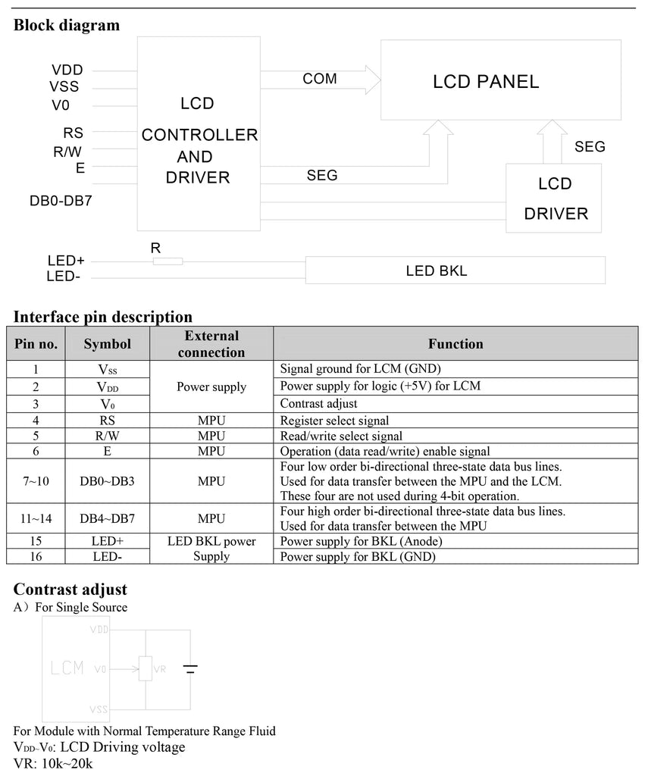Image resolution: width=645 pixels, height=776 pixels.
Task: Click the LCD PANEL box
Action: pos(499,80)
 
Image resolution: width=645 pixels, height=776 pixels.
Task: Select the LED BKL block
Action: pos(455,270)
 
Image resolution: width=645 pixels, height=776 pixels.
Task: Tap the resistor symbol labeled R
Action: pos(168,261)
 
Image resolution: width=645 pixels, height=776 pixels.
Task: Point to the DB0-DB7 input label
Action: pos(60,201)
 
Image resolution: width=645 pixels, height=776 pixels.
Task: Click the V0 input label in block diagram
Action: pos(60,105)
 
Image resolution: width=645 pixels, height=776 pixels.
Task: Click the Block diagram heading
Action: pos(67,25)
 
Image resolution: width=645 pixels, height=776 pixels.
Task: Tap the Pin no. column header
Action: pos(36,343)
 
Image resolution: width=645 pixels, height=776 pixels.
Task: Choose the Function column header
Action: pos(455,343)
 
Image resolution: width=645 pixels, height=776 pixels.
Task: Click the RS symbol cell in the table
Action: pos(107,421)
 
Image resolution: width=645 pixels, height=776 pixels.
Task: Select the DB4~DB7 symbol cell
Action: pos(107,519)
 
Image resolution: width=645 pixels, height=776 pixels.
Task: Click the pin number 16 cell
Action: pos(36,557)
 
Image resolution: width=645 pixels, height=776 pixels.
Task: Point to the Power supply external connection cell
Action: pos(211,386)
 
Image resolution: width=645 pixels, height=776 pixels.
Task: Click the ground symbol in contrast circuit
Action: pos(190,669)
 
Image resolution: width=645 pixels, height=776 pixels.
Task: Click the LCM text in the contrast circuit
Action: pos(67,668)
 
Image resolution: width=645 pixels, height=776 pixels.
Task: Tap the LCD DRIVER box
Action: pos(555,199)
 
